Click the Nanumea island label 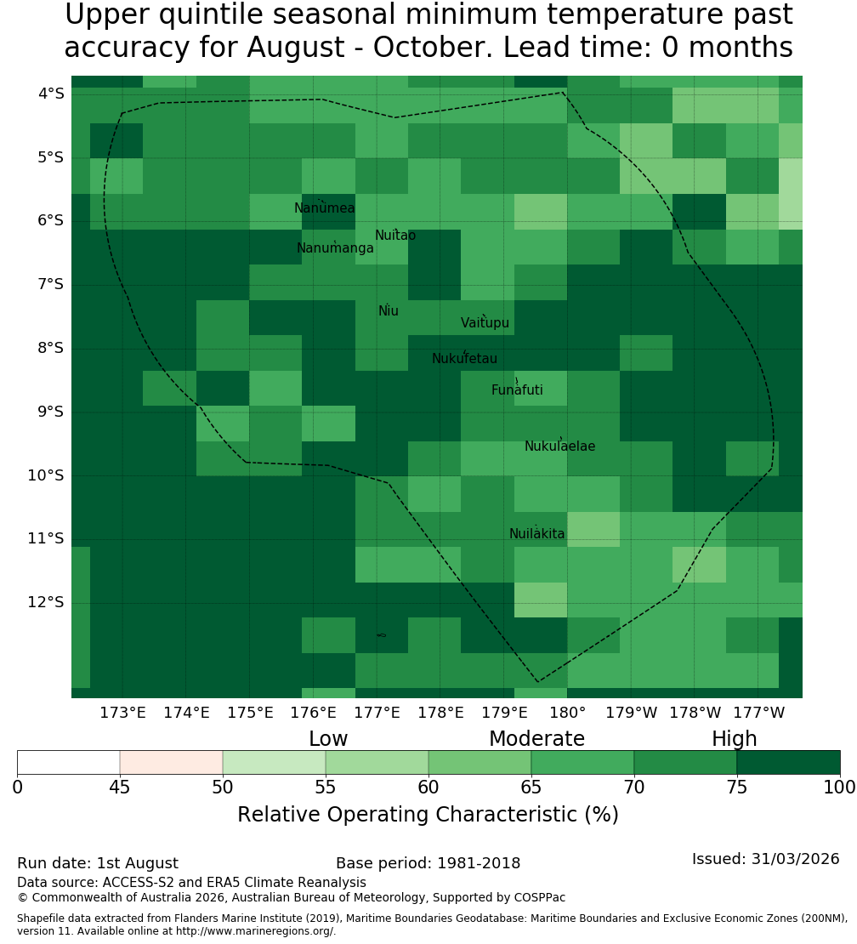coord(325,208)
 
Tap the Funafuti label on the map coord(517,390)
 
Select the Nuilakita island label coord(536,533)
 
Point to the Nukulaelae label coord(559,446)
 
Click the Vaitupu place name coord(485,322)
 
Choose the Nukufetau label coord(464,358)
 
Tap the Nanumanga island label coord(335,248)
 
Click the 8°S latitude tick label coord(50,348)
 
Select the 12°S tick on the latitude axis coord(45,602)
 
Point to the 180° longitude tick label coord(568,713)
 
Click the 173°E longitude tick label coord(122,713)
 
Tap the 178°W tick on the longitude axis coord(695,713)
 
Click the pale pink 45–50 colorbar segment coord(172,762)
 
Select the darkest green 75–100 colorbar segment coord(788,762)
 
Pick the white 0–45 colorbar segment coord(69,762)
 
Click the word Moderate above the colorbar coord(536,738)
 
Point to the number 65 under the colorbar coord(531,787)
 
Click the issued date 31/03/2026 coord(796,858)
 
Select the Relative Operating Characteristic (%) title coord(428,814)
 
